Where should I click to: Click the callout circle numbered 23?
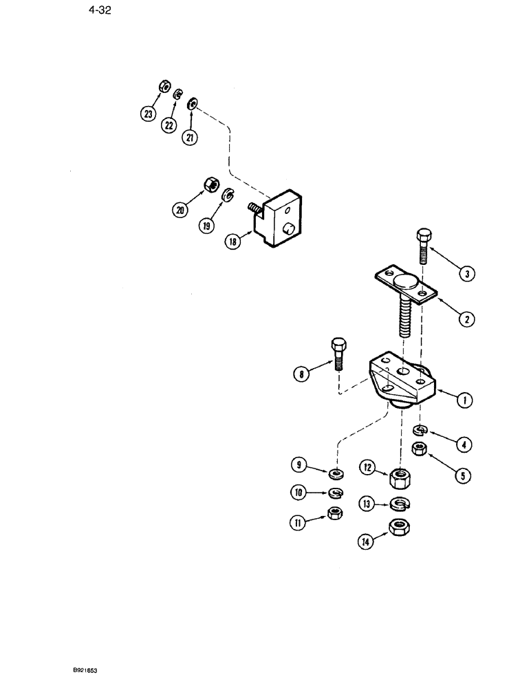click(148, 114)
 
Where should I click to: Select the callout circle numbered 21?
click(190, 138)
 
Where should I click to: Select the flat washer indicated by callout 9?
click(337, 473)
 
